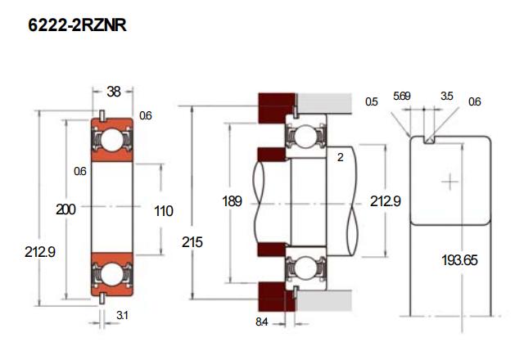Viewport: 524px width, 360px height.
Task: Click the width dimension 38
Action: (x=114, y=92)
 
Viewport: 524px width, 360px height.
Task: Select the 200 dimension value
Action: (x=66, y=210)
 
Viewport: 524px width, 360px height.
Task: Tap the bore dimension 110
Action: (x=164, y=211)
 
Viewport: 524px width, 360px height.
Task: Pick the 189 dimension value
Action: (x=233, y=201)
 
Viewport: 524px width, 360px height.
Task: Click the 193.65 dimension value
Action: (x=459, y=261)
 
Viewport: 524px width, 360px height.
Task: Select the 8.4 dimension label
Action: (x=262, y=322)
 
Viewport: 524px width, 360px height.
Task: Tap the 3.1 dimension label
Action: (x=120, y=316)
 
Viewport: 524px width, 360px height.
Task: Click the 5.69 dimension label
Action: (x=401, y=97)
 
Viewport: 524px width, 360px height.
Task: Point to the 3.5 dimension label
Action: (x=446, y=97)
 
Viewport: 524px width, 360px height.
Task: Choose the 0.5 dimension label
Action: (x=372, y=101)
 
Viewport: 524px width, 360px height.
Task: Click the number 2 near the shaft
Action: (x=339, y=158)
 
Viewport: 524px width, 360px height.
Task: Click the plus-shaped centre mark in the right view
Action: (x=450, y=180)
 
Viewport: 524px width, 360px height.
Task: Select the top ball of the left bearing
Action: (x=114, y=142)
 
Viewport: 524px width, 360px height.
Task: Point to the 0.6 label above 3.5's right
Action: (x=475, y=101)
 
